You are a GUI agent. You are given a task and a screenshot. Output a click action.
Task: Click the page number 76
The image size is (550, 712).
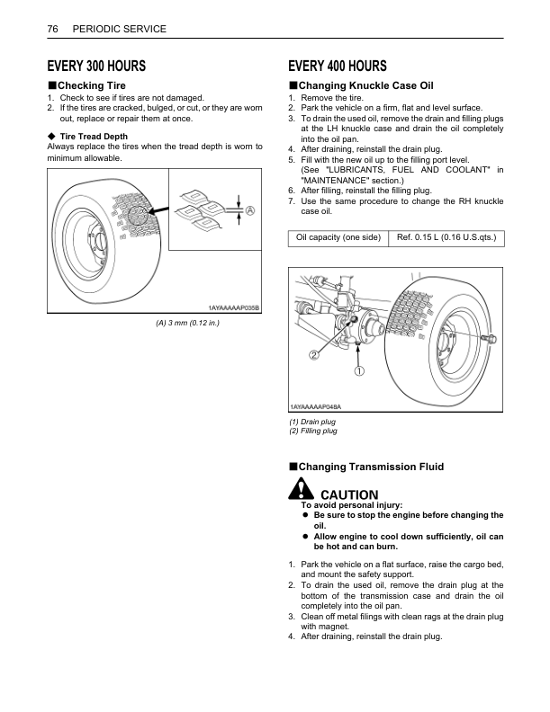52,30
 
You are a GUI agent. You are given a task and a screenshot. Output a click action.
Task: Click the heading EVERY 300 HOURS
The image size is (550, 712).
96,67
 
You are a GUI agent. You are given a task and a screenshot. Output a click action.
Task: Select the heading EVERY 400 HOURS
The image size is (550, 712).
338,67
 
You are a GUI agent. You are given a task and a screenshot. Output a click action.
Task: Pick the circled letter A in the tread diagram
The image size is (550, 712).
249,209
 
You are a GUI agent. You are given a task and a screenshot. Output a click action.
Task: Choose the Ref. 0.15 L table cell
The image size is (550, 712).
445,237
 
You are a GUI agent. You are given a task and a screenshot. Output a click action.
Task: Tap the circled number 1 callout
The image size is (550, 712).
359,370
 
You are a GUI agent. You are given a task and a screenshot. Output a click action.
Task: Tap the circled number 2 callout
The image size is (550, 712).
314,355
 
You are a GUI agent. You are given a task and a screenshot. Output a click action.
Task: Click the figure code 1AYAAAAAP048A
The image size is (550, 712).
316,407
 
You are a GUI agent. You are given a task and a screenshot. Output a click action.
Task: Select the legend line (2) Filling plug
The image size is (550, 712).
313,432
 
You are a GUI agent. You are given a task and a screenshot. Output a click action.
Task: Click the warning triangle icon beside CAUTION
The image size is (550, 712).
298,491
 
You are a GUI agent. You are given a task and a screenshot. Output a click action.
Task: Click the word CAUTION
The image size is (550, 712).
349,494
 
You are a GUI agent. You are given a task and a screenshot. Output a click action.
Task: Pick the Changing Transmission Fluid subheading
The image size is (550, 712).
371,467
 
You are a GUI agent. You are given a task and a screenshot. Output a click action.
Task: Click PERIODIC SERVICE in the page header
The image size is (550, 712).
119,30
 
